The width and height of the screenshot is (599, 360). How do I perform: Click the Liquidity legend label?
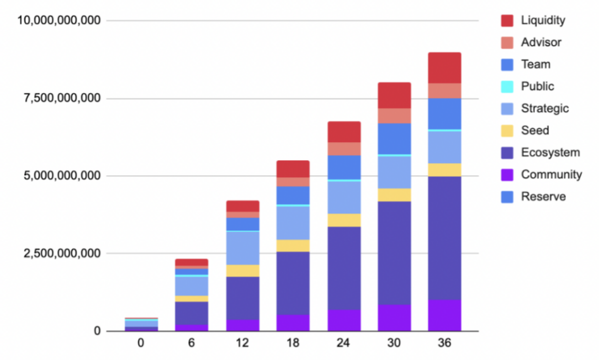[543, 20]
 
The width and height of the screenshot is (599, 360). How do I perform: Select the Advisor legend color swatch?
[508, 42]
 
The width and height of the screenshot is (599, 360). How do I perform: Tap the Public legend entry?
[537, 86]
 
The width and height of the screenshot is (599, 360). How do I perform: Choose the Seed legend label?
[535, 130]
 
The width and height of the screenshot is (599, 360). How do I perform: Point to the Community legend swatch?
[508, 174]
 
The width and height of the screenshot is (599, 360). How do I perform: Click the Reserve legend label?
[544, 196]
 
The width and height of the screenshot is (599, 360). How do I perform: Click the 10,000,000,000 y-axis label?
[59, 20]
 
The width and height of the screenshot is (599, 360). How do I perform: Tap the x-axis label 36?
[444, 344]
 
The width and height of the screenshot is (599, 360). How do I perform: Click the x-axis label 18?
[293, 344]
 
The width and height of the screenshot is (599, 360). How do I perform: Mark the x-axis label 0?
[141, 344]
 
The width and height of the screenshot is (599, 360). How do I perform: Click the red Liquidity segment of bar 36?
[444, 68]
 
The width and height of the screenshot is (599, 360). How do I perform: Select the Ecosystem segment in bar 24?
[344, 268]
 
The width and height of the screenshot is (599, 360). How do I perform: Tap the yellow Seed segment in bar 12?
[243, 271]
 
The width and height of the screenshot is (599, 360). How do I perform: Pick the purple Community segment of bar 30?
[394, 318]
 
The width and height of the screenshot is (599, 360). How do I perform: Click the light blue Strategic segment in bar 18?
[293, 223]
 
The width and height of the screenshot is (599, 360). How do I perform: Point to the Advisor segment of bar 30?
[394, 116]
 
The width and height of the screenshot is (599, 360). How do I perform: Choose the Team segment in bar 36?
[444, 113]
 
